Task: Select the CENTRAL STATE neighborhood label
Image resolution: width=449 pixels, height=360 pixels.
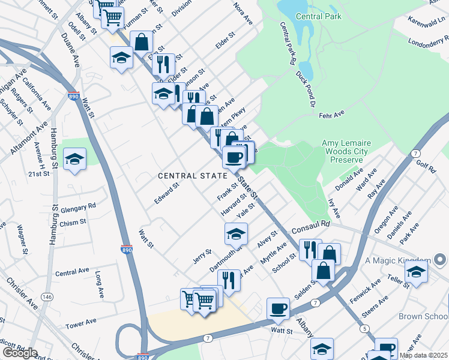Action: coord(193,176)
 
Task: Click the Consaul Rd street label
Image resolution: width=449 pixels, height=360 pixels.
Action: coord(312,223)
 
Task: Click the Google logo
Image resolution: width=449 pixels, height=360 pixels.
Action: coord(20,353)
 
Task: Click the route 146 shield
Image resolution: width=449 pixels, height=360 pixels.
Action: coord(46,296)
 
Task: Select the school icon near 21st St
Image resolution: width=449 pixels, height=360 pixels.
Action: coord(74,159)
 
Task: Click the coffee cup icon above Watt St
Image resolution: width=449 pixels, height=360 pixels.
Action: coord(278,308)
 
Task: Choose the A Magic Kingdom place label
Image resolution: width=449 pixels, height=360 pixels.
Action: coord(398,260)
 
